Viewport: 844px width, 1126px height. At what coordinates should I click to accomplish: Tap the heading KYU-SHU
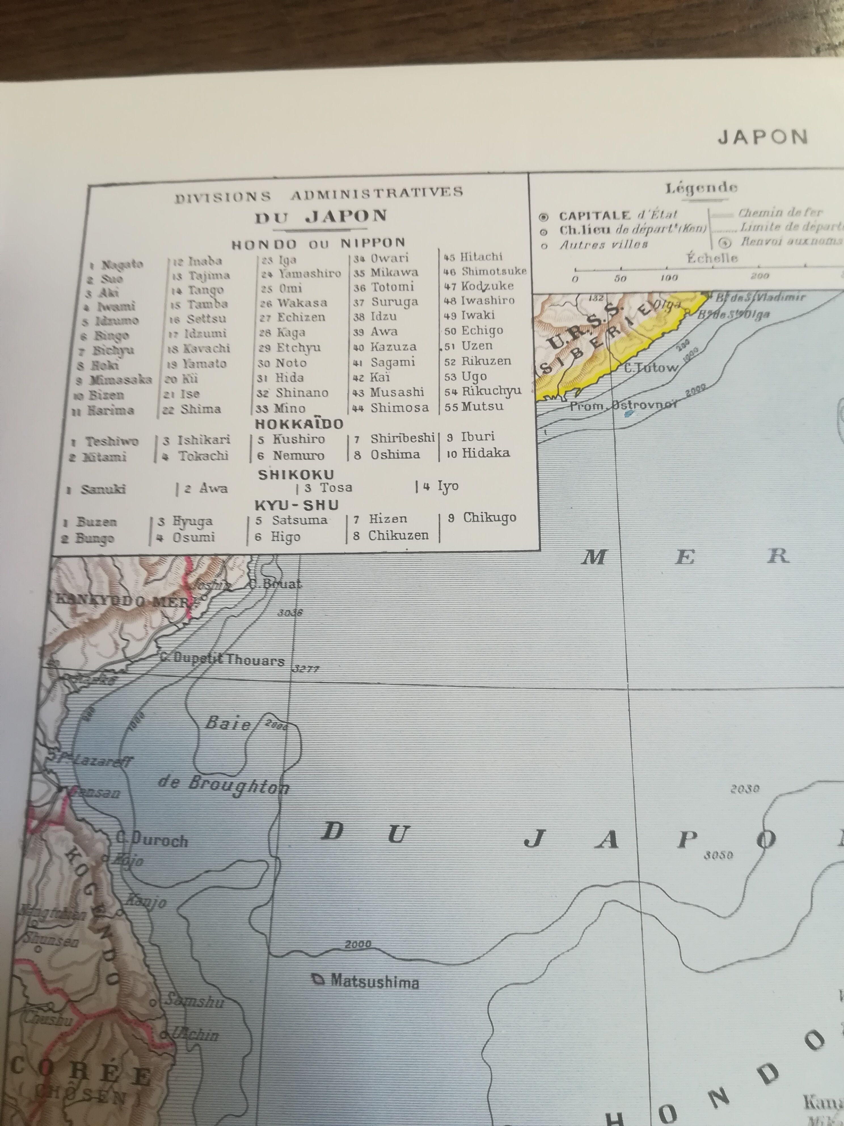[297, 505]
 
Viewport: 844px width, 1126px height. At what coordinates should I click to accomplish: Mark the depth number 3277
[306, 669]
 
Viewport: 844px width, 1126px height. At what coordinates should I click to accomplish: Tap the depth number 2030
[745, 789]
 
